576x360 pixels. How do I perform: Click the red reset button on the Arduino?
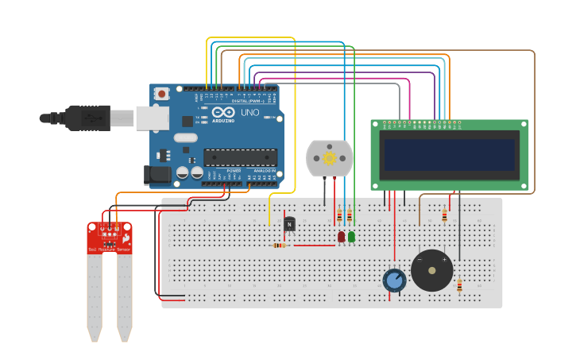pyautogui.click(x=162, y=94)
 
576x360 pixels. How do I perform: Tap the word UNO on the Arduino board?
pyautogui.click(x=249, y=113)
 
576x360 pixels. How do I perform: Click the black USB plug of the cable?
pyautogui.click(x=87, y=118)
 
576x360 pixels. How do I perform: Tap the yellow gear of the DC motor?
pyautogui.click(x=329, y=158)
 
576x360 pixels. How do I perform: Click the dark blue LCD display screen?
pyautogui.click(x=449, y=155)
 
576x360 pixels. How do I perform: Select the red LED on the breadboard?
pyautogui.click(x=341, y=237)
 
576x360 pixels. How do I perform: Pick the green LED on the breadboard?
pyautogui.click(x=351, y=237)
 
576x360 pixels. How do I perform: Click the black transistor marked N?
pyautogui.click(x=289, y=225)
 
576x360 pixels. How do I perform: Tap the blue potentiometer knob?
pyautogui.click(x=394, y=280)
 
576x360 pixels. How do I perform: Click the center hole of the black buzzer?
pyautogui.click(x=431, y=270)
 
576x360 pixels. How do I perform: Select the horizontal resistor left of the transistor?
pyautogui.click(x=279, y=245)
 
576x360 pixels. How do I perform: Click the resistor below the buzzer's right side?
pyautogui.click(x=459, y=285)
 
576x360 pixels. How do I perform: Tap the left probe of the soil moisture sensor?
pyautogui.click(x=95, y=298)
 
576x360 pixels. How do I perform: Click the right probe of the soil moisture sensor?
pyautogui.click(x=125, y=298)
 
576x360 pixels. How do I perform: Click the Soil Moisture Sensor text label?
pyautogui.click(x=109, y=250)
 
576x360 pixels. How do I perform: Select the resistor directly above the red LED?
pyautogui.click(x=339, y=216)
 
